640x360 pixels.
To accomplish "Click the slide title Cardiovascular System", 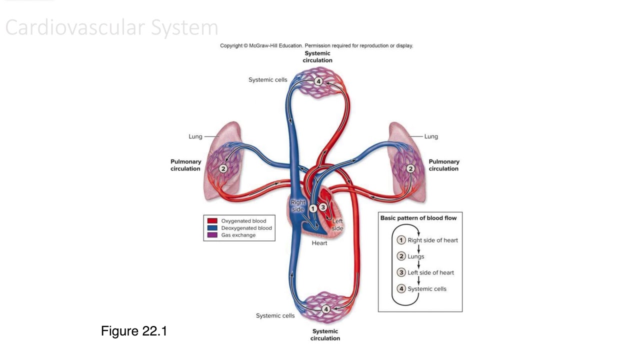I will point(111,28).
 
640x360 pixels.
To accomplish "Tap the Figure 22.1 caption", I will point(133,331).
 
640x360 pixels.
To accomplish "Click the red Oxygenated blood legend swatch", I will point(212,221).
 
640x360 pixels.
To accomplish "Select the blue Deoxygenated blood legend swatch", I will point(212,228).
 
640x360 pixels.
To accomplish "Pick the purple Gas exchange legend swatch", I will point(212,235).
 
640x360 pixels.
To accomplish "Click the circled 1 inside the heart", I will point(313,208).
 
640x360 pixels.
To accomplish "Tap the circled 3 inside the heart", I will point(323,207).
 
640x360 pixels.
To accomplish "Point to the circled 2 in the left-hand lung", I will point(223,169).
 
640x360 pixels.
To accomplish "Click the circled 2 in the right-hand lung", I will point(410,168).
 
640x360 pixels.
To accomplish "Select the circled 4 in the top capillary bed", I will point(318,81).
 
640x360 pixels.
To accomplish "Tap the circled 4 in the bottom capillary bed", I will point(325,309).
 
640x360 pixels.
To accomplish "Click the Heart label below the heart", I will point(319,243).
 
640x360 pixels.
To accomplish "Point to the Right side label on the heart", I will point(298,206).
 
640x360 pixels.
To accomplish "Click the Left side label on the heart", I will point(337,224).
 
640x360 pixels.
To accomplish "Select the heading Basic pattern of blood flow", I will point(418,218).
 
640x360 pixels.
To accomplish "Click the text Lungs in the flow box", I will point(415,256).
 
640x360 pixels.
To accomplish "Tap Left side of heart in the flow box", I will point(430,272).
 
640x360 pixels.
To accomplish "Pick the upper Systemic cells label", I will point(268,80).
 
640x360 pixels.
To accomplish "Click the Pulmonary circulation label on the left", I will point(185,165).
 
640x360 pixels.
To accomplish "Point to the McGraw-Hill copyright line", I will point(316,45).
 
